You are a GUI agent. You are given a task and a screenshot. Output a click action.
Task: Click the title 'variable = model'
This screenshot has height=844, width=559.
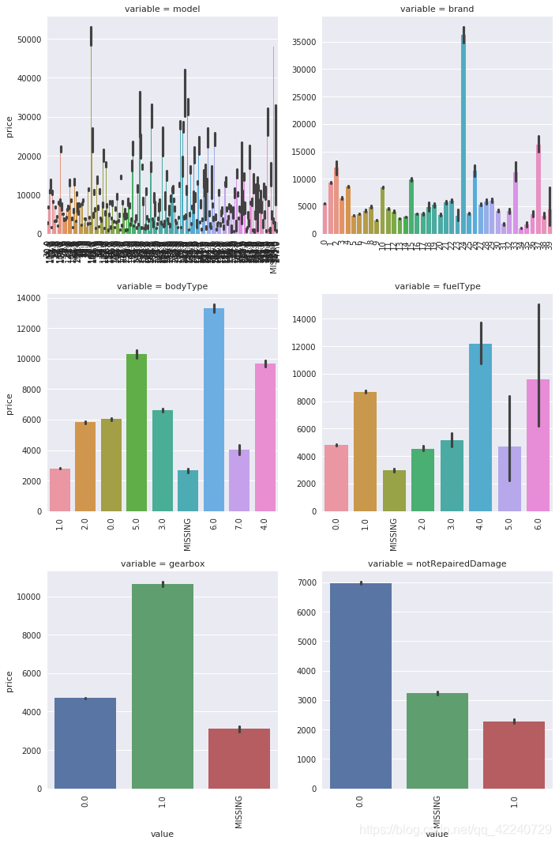coord(163,9)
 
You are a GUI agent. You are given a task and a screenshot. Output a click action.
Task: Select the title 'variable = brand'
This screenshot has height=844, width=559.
coord(437,9)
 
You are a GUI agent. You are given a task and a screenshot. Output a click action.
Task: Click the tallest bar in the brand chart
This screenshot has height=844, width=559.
coord(463,134)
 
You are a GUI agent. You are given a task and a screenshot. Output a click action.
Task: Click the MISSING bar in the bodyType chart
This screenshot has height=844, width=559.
coord(188,491)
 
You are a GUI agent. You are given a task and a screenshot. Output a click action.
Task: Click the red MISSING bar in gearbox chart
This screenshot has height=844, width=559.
coord(239,759)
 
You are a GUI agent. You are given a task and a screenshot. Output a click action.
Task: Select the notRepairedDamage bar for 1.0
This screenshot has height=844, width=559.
coord(514,755)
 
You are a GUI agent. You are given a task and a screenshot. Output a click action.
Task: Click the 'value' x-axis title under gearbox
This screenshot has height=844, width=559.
coord(162,834)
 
